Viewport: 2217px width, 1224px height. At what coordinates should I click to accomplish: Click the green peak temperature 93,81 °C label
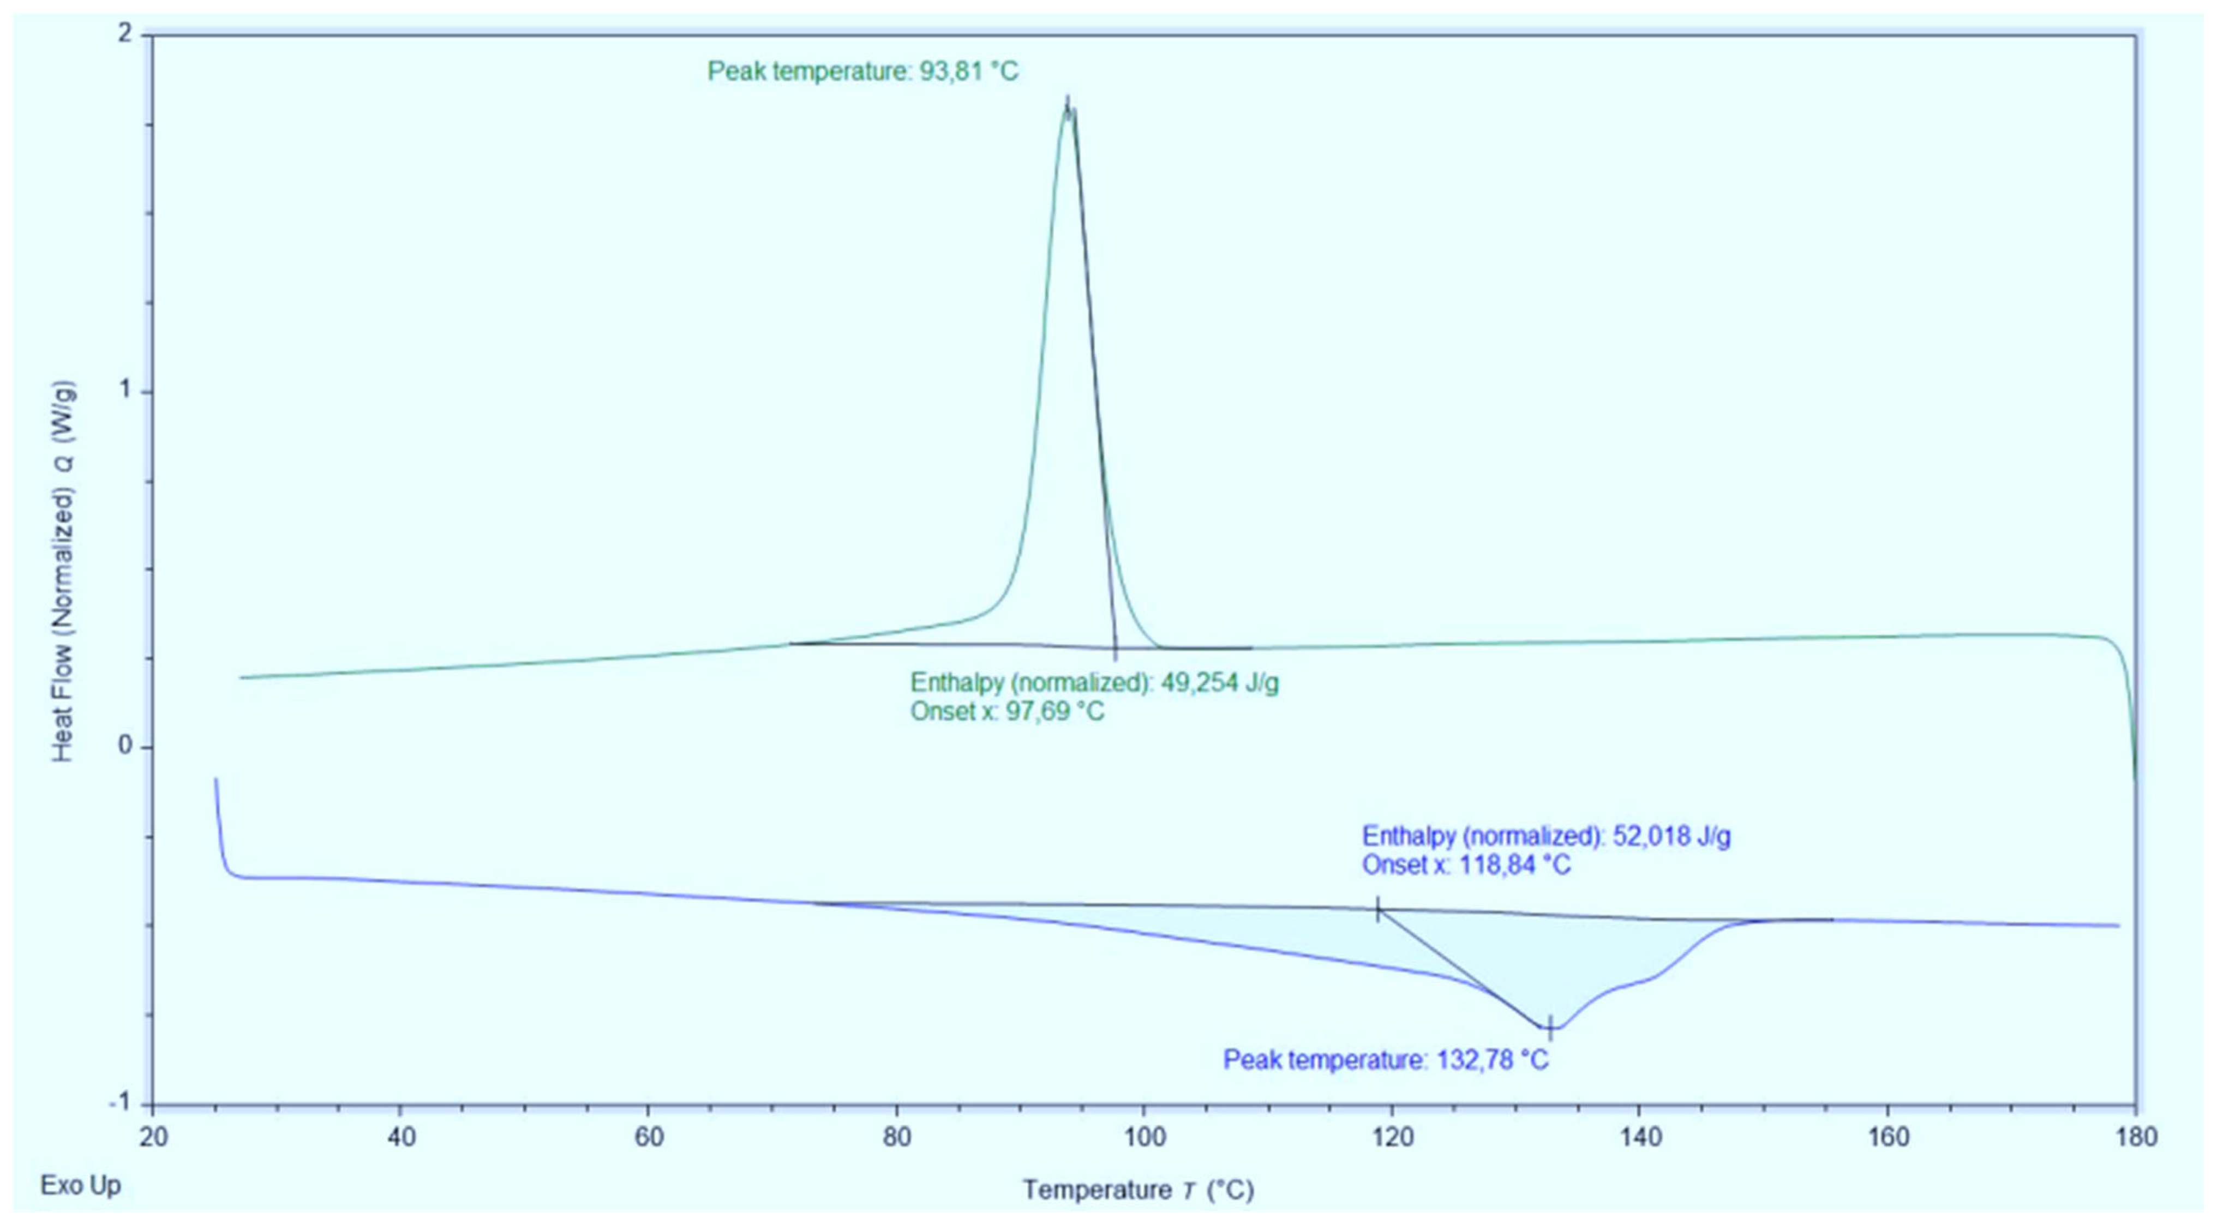click(862, 70)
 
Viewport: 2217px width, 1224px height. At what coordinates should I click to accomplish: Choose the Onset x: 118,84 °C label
click(1466, 864)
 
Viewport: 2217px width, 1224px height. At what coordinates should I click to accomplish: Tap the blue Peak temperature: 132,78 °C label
click(1386, 1060)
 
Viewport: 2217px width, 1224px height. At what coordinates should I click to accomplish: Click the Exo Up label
click(81, 1185)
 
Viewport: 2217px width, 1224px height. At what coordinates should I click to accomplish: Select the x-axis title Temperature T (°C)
click(1138, 1190)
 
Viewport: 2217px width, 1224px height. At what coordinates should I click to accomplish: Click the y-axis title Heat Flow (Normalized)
click(64, 572)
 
